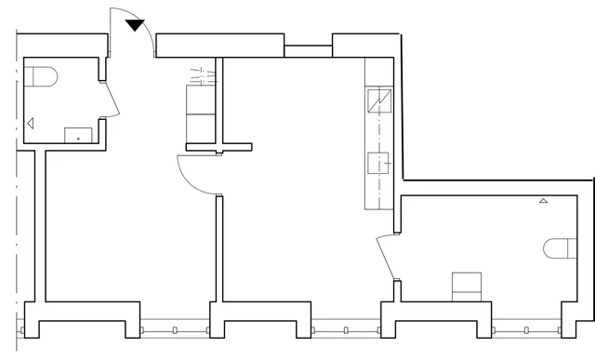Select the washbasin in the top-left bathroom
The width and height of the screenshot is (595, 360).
pos(79,135)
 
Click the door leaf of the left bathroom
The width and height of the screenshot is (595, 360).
pos(111,99)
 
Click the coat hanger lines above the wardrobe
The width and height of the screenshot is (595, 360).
pos(201,73)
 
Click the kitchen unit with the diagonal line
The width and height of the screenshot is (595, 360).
pos(380,100)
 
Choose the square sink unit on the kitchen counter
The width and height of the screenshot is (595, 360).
pos(380,163)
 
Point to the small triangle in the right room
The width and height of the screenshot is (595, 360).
pos(543,201)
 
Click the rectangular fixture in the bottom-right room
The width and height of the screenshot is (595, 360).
pos(466,287)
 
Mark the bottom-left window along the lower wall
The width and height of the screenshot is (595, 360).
pos(173,328)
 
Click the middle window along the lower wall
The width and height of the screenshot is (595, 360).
pos(346,328)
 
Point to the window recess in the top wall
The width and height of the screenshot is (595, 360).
pos(308,50)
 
